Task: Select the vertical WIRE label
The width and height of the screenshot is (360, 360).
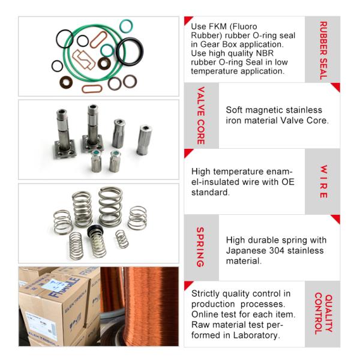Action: [x=323, y=181]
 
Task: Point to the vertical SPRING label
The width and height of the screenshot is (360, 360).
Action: [x=201, y=247]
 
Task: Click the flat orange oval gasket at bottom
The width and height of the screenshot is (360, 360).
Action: [x=92, y=89]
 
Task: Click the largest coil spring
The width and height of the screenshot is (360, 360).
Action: [x=110, y=205]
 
